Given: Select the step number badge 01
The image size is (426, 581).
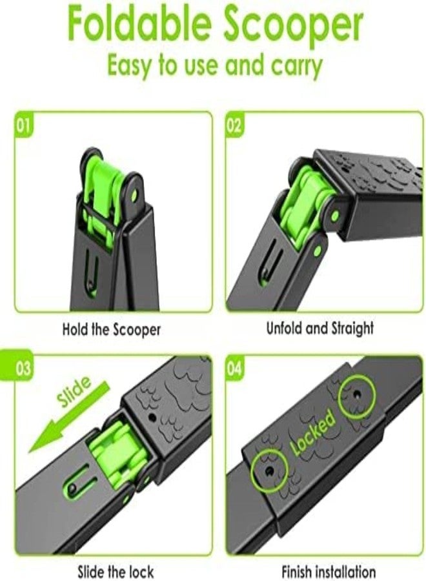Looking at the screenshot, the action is tap(23, 125).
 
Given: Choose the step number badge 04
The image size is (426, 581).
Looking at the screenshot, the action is tap(234, 369).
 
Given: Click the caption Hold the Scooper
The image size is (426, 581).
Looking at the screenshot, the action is tap(112, 329).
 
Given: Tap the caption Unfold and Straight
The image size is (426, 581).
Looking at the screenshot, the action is tap(319, 329).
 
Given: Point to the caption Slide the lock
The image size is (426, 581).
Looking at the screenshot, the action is tap(115, 572).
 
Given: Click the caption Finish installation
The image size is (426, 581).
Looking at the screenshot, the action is tap(329, 571).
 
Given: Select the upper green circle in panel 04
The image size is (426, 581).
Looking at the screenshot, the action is tap(358, 395).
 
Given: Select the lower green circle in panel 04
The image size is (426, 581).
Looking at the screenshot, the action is tap(269, 471).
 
